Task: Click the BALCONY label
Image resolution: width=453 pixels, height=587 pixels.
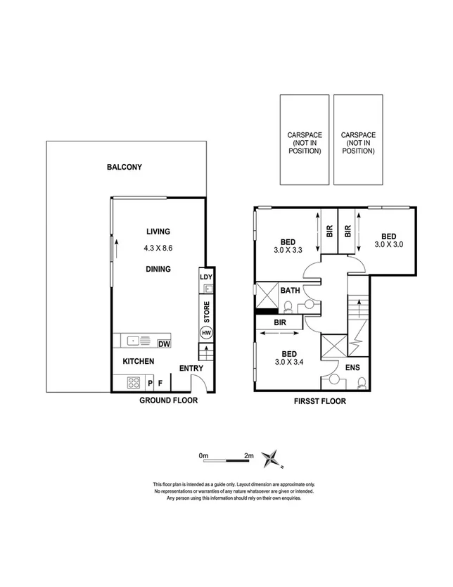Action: coord(125,168)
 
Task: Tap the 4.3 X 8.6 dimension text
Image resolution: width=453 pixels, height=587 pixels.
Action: coord(158,248)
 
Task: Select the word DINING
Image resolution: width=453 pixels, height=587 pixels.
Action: coord(158,269)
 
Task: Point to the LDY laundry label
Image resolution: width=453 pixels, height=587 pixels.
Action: coord(206,277)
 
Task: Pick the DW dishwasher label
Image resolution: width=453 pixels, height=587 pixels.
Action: coord(164,343)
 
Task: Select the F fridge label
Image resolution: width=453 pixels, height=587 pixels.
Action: coord(160,383)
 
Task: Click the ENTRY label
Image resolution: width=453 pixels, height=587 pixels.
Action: coord(191,368)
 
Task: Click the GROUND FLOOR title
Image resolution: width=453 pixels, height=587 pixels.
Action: coord(167,400)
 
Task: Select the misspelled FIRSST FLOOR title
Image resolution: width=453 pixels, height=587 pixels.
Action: coord(319,403)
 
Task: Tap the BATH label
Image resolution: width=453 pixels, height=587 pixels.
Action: coord(291,290)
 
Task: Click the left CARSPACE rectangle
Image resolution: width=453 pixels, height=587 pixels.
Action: coord(304,139)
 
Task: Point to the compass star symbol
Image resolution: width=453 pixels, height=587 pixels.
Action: coord(272,459)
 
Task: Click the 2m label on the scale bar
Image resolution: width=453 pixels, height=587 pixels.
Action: coord(248,456)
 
